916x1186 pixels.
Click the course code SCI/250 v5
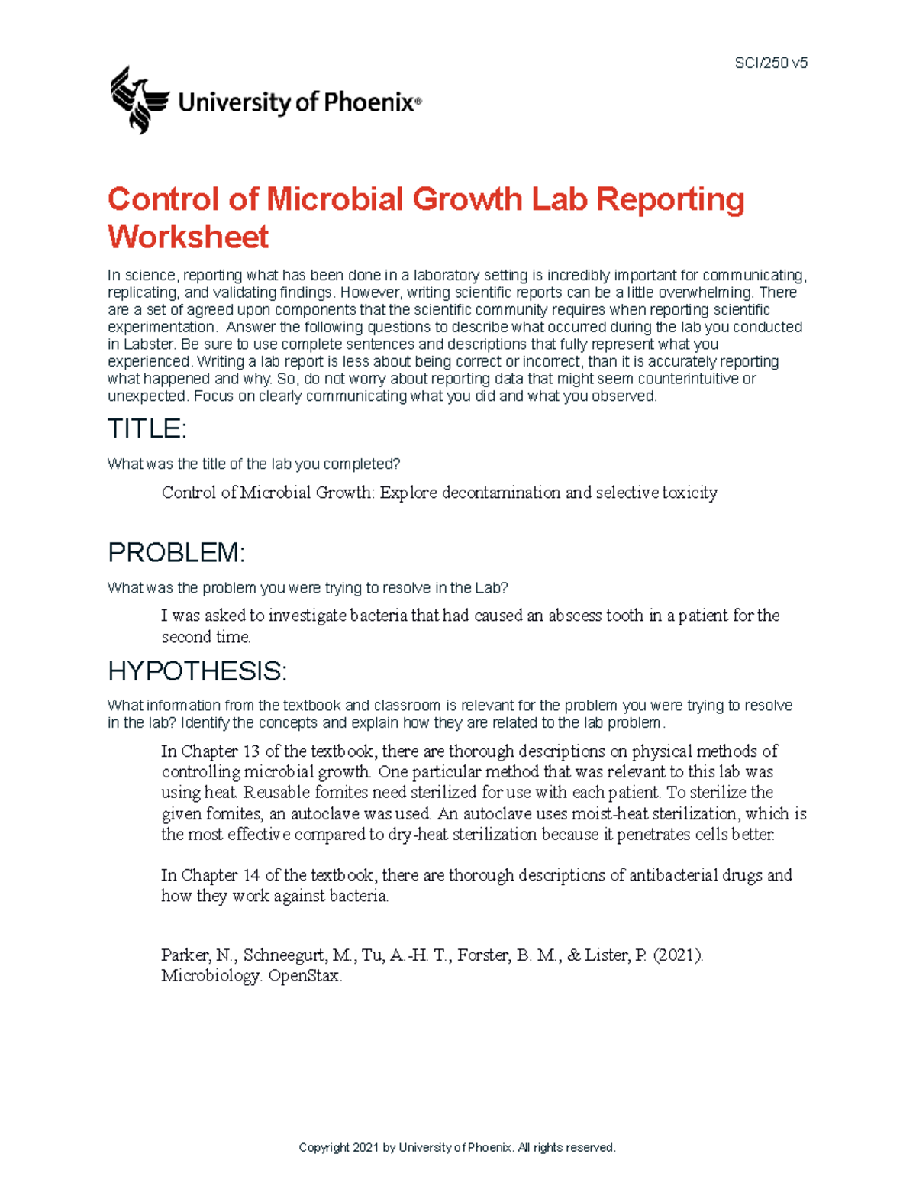click(x=770, y=63)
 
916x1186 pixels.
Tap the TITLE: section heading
click(x=147, y=429)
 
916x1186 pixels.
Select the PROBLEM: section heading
click(x=176, y=552)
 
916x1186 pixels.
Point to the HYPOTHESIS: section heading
click(x=197, y=671)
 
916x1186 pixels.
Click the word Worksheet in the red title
click(x=188, y=237)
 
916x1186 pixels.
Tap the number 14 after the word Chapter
click(x=251, y=875)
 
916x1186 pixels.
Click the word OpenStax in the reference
click(x=305, y=976)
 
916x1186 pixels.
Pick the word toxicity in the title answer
click(x=690, y=493)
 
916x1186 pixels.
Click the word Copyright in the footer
click(x=324, y=1147)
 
